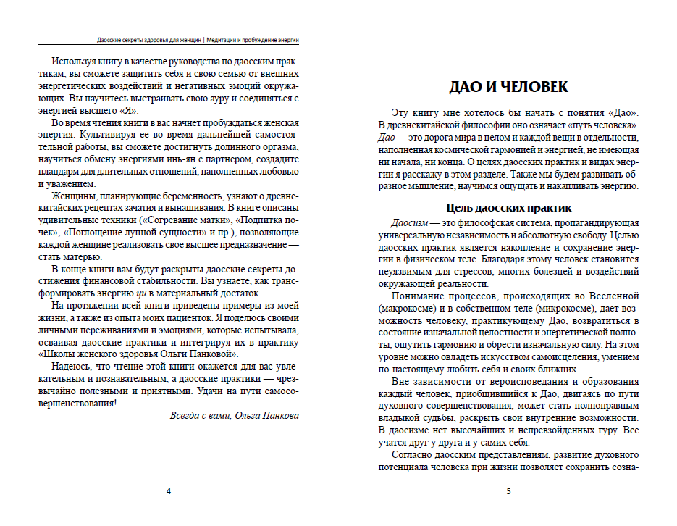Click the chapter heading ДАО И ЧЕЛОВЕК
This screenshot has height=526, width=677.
[x=508, y=87]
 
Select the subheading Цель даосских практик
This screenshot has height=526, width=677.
[x=508, y=209]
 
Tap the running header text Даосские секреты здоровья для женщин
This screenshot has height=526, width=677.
[x=149, y=41]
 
